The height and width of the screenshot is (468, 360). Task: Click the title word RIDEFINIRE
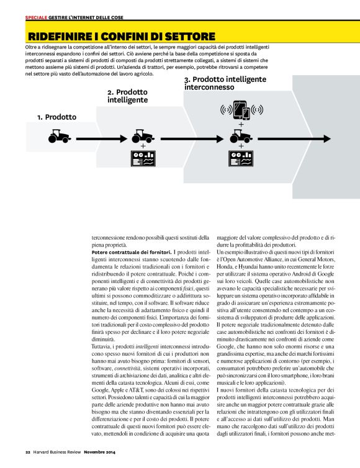pos(60,36)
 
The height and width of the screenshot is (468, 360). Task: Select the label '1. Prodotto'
pos(56,117)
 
